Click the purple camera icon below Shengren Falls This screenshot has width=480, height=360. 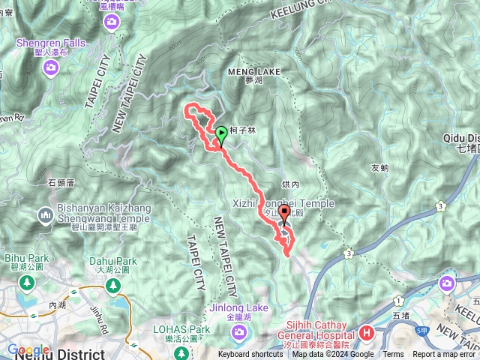coord(50,69)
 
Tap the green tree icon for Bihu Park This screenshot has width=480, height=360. coord(28,282)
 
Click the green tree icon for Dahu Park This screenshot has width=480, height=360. coord(112,286)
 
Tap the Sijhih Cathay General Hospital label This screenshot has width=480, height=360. coord(319,331)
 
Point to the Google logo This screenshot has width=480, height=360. coord(28,349)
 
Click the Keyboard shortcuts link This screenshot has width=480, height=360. coord(250,355)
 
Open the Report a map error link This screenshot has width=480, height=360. coord(445,355)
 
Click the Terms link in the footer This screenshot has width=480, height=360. coord(393,355)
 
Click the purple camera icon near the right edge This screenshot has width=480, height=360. coord(448,283)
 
